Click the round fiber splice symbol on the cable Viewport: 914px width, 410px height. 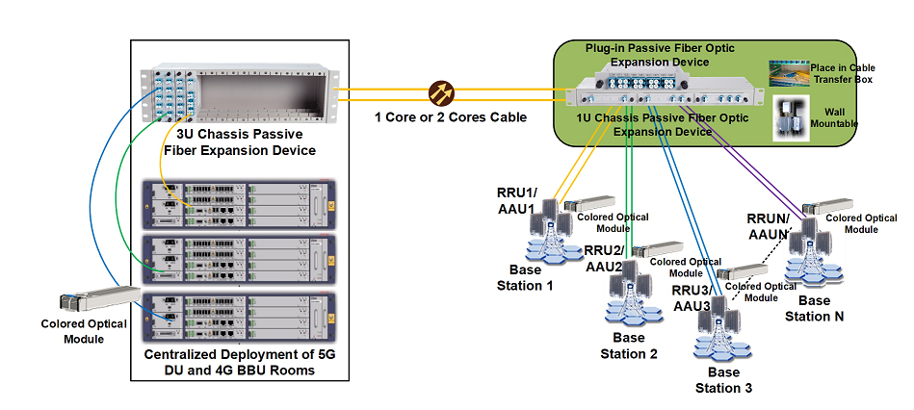point(440,93)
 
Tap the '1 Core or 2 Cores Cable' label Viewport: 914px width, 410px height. point(451,117)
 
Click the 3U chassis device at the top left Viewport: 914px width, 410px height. point(236,90)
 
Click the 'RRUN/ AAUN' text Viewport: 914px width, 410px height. point(770,225)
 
